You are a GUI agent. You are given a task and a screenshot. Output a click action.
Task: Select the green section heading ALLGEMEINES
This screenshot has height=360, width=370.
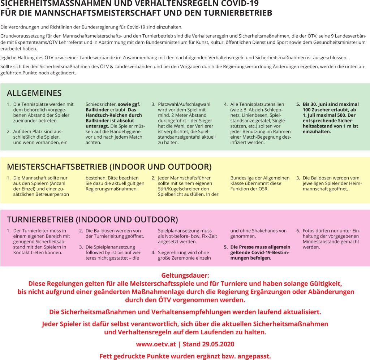34,93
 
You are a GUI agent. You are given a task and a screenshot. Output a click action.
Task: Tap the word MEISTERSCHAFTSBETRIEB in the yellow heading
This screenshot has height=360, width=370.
57,167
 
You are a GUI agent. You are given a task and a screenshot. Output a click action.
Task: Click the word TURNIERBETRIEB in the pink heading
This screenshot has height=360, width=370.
40,220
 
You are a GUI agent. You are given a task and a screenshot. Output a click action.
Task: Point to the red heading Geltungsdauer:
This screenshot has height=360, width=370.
185,276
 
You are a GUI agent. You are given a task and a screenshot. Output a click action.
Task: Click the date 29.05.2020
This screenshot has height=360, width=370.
216,344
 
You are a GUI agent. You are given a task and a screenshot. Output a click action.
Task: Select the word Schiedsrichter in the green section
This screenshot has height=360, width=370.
101,104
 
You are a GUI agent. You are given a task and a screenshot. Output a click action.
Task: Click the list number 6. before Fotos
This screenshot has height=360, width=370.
298,231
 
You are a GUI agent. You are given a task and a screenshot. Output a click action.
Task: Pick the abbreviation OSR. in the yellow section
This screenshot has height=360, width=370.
263,189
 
